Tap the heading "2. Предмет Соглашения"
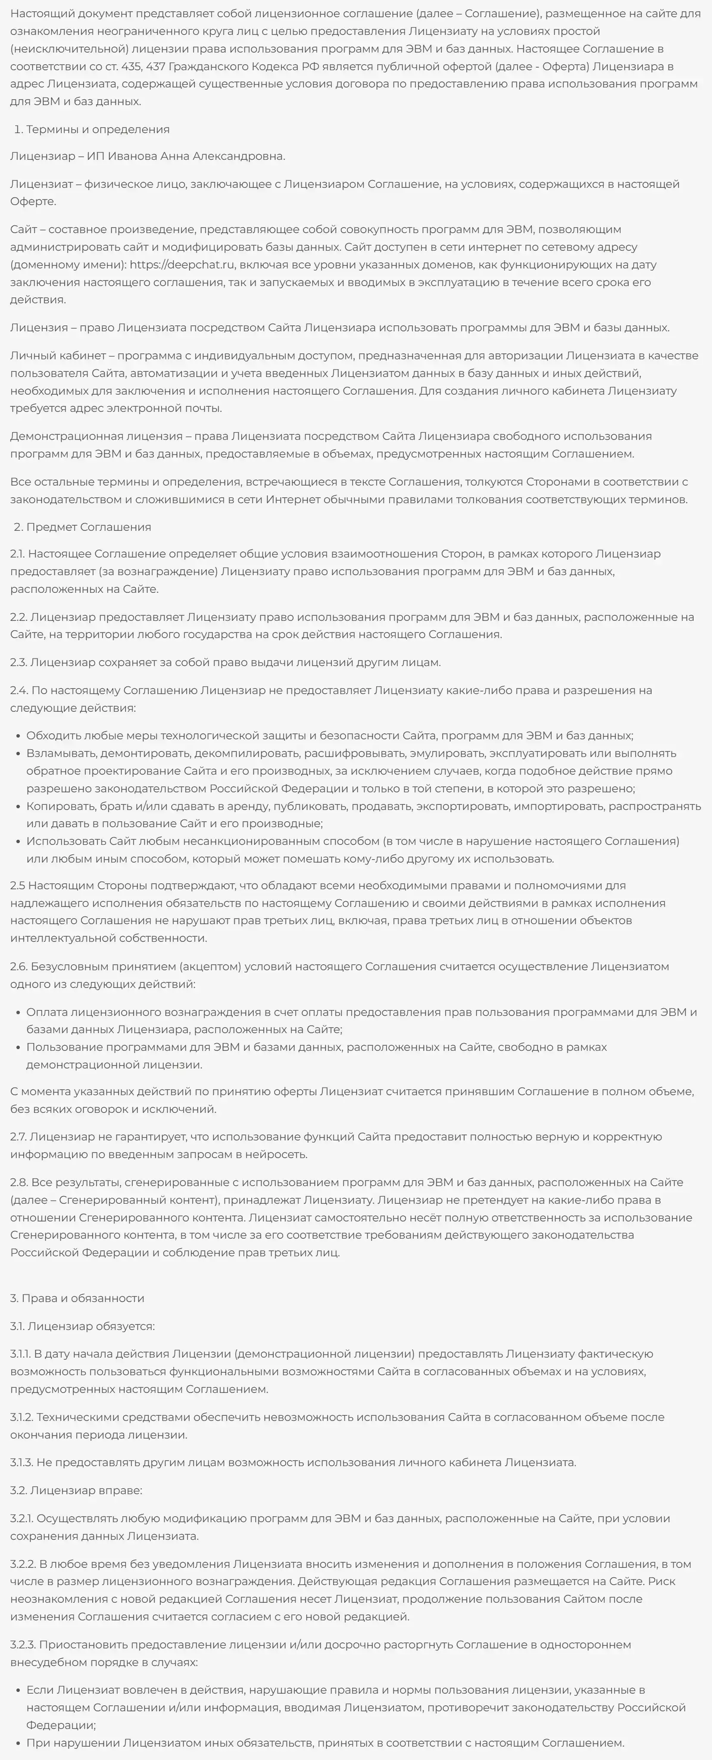tap(82, 527)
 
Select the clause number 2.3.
tap(19, 662)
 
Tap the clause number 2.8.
tap(19, 1182)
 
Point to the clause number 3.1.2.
tap(21, 1417)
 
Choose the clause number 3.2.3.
tap(22, 1645)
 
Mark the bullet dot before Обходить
tap(17, 736)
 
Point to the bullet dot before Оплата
tap(17, 1012)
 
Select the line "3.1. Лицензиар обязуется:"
tap(82, 1326)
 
